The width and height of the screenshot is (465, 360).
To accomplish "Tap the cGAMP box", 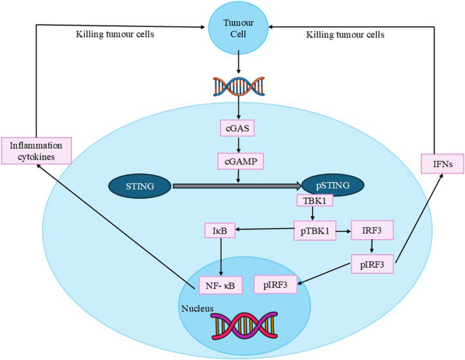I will (238, 162).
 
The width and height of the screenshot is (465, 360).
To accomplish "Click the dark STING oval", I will (140, 185).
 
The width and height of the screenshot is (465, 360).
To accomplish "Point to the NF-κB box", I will (220, 285).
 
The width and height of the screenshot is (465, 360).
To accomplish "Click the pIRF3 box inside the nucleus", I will (276, 285).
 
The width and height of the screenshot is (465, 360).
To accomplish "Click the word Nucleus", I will (198, 309).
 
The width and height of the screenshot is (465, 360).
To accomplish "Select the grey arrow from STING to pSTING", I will (238, 185).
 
